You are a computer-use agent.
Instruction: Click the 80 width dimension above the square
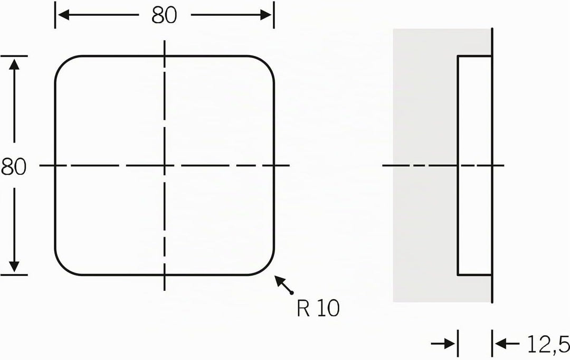(164, 15)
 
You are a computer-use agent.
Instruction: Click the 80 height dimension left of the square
(13, 167)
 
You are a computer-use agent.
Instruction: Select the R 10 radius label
(318, 309)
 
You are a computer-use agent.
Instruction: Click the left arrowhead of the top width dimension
(64, 15)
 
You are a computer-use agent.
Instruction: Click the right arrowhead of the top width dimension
(265, 15)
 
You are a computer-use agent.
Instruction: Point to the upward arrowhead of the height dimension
(14, 64)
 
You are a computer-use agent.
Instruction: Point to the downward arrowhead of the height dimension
(14, 266)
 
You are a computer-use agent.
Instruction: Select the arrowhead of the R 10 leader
(279, 281)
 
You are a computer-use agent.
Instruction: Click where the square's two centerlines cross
(164, 165)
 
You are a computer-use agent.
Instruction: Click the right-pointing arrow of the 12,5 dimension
(443, 343)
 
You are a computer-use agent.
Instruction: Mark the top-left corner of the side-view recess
(458, 56)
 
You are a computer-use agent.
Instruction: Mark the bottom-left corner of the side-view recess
(458, 275)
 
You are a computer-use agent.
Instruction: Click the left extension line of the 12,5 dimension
(457, 343)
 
